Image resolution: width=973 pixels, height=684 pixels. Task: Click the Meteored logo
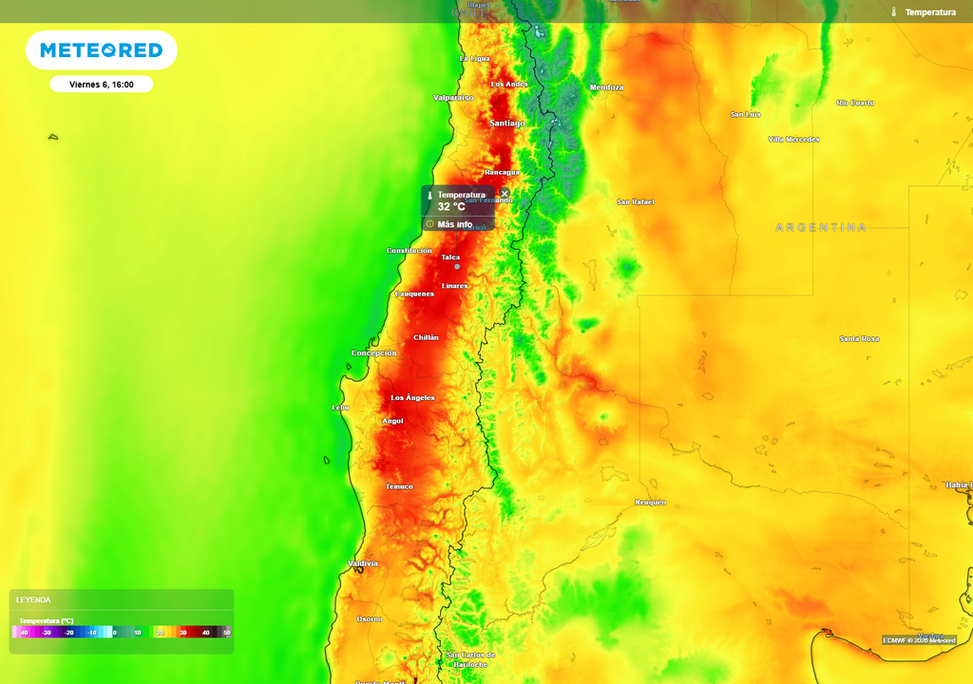tap(101, 50)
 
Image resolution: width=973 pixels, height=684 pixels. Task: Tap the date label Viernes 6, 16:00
tap(102, 85)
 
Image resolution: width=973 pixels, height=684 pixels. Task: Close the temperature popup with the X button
tap(505, 193)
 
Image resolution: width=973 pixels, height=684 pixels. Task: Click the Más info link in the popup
tap(454, 225)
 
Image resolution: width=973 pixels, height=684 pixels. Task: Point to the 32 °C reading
tap(451, 206)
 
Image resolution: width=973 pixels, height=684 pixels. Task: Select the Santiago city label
tap(506, 123)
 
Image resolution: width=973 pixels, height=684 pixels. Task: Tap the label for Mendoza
tap(606, 87)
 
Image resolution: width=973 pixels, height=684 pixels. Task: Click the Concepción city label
tap(373, 353)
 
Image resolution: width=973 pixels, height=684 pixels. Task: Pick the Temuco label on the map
tap(399, 486)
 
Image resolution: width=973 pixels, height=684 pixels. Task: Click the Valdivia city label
tap(362, 563)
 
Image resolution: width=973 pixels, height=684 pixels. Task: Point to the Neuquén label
tap(650, 503)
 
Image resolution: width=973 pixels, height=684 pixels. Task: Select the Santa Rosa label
tap(859, 339)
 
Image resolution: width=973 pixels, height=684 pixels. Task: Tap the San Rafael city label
tap(636, 202)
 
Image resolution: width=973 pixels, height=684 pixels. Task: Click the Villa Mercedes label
tap(793, 140)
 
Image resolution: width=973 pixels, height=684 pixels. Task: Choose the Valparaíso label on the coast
tap(453, 98)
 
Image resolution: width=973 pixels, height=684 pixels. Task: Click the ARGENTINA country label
tap(821, 228)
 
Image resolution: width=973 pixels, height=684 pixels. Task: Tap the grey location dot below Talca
tap(456, 267)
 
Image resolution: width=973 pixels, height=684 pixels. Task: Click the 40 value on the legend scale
tap(205, 632)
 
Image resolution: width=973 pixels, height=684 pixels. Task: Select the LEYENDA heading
tap(33, 600)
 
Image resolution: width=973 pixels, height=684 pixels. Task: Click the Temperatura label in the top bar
tap(929, 12)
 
